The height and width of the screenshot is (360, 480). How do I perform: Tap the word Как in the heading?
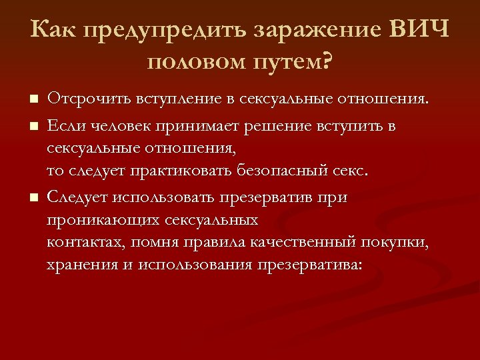pos(51,31)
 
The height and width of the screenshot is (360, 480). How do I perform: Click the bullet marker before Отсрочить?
pos(35,101)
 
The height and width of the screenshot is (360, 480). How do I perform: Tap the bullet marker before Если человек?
pos(35,125)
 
